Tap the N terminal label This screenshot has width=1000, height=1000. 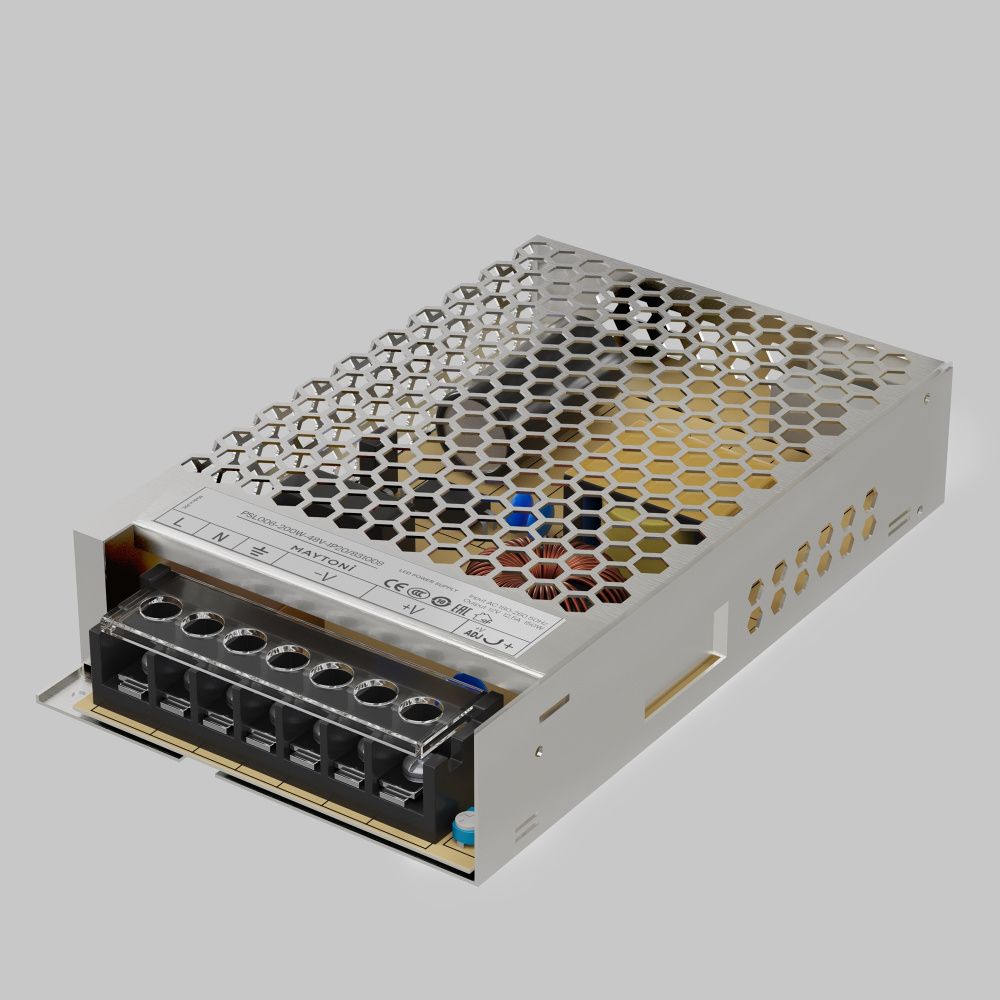click(x=221, y=537)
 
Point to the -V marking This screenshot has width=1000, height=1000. click(x=325, y=578)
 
